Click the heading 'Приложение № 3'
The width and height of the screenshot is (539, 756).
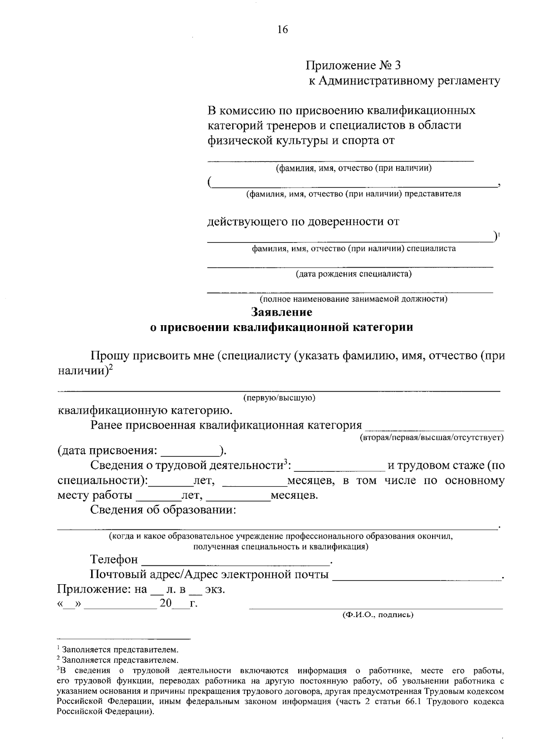(x=353, y=66)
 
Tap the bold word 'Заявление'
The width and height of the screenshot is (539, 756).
(x=282, y=312)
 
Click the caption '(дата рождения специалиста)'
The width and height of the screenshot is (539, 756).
(x=353, y=273)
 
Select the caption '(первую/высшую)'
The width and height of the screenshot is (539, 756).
(x=279, y=398)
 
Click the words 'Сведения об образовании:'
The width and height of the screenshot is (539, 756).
(x=163, y=510)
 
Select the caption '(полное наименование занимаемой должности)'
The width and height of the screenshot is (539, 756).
(x=353, y=299)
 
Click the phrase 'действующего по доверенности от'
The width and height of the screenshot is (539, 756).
(x=303, y=222)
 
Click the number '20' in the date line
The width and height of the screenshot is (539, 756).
(x=165, y=604)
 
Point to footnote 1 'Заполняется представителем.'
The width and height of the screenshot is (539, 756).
(x=119, y=650)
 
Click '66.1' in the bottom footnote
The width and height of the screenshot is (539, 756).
(x=411, y=702)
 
